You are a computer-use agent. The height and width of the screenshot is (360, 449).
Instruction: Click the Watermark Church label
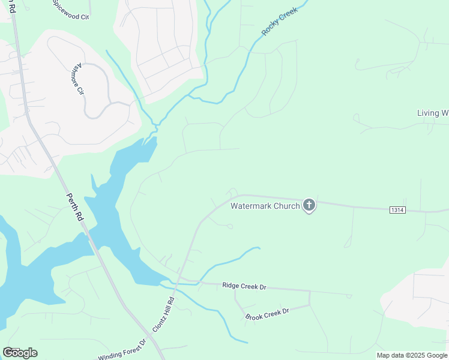265,206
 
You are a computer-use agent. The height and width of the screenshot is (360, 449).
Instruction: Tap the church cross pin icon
309,206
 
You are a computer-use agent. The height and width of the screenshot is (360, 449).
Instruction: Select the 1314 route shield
397,210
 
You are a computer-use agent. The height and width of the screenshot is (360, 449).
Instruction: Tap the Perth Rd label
74,207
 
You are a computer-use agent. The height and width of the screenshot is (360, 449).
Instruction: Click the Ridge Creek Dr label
244,287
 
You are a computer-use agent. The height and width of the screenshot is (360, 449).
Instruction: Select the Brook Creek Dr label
267,313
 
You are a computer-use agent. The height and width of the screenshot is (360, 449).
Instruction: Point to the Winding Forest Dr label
122,350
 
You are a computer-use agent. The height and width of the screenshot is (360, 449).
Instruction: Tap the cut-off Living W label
432,113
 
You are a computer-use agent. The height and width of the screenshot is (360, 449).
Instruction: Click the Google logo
20,352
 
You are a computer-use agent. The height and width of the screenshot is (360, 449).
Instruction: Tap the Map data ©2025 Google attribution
412,355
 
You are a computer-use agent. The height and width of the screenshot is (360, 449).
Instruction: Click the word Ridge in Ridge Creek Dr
231,286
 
